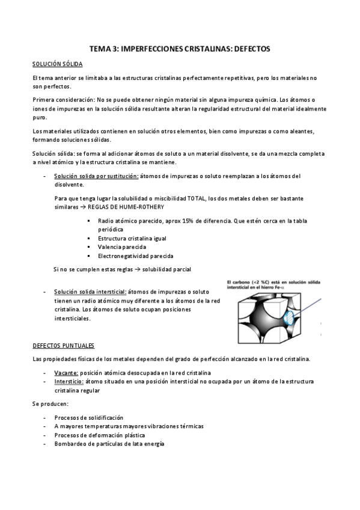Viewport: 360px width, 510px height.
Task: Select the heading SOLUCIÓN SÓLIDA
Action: click(57, 64)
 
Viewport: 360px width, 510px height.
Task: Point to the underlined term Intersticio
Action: click(68, 381)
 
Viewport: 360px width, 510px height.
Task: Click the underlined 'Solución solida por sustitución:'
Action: click(96, 176)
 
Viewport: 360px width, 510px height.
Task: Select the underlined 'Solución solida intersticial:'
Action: click(91, 291)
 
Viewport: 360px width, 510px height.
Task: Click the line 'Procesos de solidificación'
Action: click(88, 417)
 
